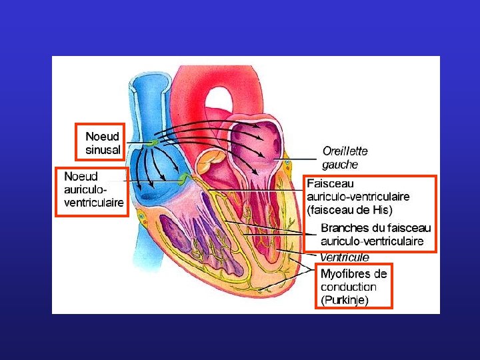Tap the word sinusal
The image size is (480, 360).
coord(103,150)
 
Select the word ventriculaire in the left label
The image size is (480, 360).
coord(94,203)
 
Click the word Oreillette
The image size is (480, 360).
coord(345,151)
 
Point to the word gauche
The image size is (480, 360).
coord(340,165)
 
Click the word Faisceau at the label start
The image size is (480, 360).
coord(330,183)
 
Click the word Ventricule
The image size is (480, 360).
coord(345,257)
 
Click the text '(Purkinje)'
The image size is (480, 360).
coord(344,300)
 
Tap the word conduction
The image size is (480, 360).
coord(348,287)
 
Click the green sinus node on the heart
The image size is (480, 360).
coord(154,143)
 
